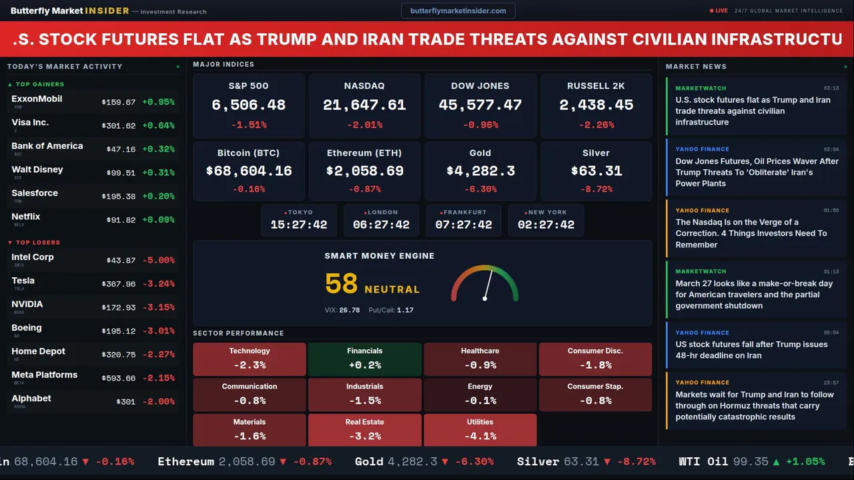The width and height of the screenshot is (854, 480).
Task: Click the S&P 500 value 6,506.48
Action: tap(248, 105)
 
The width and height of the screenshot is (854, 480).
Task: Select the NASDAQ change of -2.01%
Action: tap(364, 125)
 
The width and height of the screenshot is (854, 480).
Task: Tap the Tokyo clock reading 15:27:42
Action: tap(299, 225)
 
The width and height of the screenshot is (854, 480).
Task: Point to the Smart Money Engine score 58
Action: tap(342, 284)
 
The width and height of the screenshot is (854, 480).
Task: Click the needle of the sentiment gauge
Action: tap(488, 284)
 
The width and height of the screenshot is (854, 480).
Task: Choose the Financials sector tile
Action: tap(364, 359)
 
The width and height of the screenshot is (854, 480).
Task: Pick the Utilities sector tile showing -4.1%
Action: tap(480, 430)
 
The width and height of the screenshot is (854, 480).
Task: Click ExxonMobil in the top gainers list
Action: tap(37, 99)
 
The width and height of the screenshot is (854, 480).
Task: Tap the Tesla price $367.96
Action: tap(118, 284)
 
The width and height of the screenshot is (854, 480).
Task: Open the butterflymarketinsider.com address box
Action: tap(458, 11)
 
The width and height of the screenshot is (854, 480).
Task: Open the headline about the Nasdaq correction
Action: tap(751, 233)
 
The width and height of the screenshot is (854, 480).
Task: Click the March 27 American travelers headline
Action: tap(754, 295)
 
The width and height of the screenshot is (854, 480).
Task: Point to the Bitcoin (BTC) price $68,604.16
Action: tap(249, 171)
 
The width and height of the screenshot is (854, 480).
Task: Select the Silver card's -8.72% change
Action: tap(596, 189)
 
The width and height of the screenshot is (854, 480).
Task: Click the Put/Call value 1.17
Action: tap(405, 310)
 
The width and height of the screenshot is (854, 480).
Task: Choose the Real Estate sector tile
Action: tap(364, 430)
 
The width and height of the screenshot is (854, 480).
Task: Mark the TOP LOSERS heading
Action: tap(37, 243)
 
